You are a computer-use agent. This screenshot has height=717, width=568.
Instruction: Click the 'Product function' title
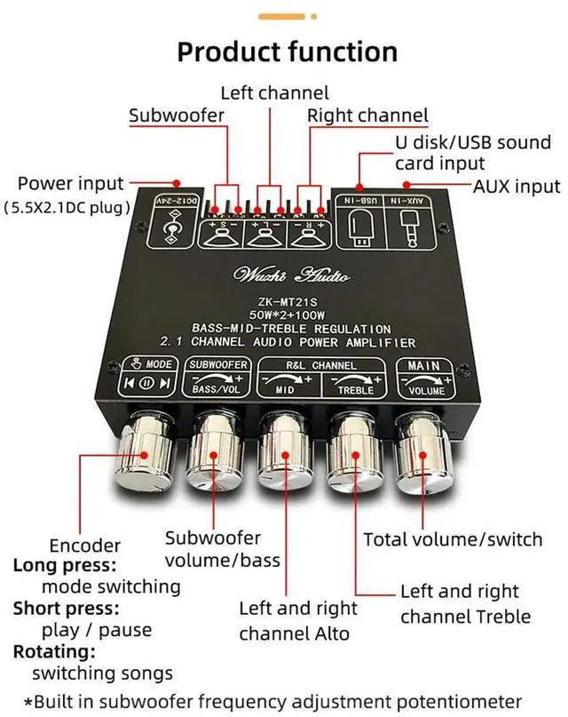[287, 52]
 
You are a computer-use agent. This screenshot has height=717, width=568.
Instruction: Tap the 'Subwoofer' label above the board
[177, 116]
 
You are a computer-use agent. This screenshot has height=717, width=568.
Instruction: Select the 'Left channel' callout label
[274, 92]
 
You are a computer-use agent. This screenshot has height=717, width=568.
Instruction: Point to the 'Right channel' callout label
[367, 116]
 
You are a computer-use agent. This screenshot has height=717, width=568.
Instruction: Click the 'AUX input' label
[517, 186]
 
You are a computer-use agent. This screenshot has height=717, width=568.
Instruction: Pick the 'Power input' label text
[70, 184]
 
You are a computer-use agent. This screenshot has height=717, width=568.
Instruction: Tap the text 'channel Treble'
[465, 617]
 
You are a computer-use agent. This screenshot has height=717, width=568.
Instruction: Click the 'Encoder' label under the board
[84, 545]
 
